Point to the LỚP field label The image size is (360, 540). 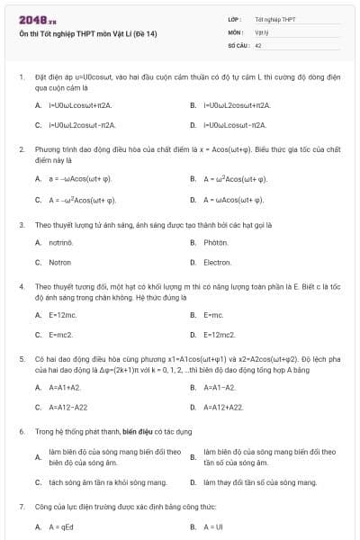(235, 18)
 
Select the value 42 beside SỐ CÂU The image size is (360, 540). (258, 43)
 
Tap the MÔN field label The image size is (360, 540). (236, 31)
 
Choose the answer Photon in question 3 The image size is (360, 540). (216, 242)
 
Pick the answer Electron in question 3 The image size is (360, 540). (218, 262)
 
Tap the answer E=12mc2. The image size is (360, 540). (220, 334)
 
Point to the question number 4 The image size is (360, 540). (21, 285)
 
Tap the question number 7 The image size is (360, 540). (21, 508)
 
